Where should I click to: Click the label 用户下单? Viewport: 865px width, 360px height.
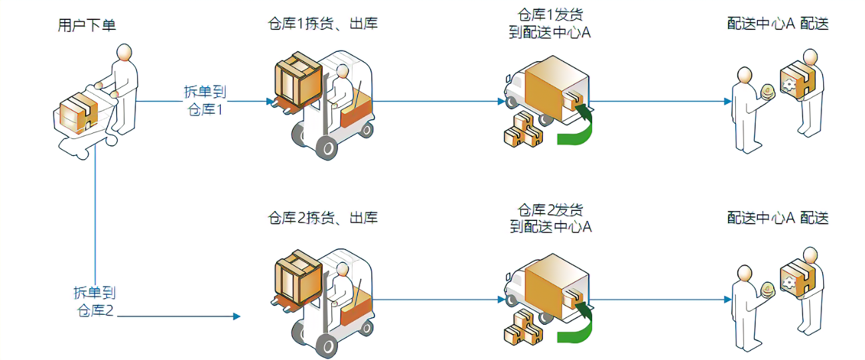point(87,26)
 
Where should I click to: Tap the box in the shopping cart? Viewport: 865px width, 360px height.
point(75,112)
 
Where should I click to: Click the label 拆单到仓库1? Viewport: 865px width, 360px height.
point(204,100)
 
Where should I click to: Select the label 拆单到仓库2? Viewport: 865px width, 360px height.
point(94,301)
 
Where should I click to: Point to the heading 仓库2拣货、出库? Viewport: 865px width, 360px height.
point(322,218)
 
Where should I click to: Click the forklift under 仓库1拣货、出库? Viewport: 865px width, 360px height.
point(326,103)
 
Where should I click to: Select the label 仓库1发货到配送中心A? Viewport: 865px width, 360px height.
point(550,23)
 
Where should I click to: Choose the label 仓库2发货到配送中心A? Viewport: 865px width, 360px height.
point(550,218)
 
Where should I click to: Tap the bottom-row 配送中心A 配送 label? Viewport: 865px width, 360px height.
point(778,218)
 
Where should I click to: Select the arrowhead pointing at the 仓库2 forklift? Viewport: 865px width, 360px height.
point(236,316)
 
